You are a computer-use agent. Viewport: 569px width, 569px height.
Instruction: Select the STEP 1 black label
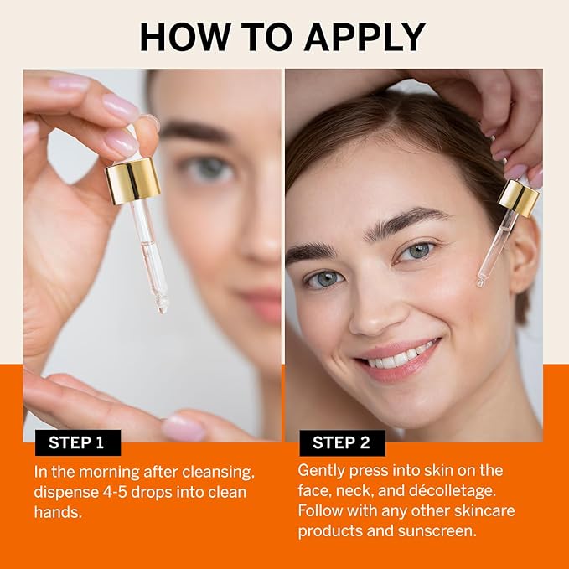pyautogui.click(x=77, y=442)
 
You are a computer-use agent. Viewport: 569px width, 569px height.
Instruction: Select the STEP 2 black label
pyautogui.click(x=342, y=442)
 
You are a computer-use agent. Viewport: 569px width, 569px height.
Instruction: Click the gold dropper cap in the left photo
pyautogui.click(x=133, y=180)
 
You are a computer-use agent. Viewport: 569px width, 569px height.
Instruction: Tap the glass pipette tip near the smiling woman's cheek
pyautogui.click(x=481, y=282)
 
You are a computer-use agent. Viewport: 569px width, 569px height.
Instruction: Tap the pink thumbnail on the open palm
pyautogui.click(x=183, y=428)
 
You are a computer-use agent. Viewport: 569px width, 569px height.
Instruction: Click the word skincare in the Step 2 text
pyautogui.click(x=484, y=510)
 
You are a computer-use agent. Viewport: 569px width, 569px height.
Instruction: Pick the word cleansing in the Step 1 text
pyautogui.click(x=213, y=471)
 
